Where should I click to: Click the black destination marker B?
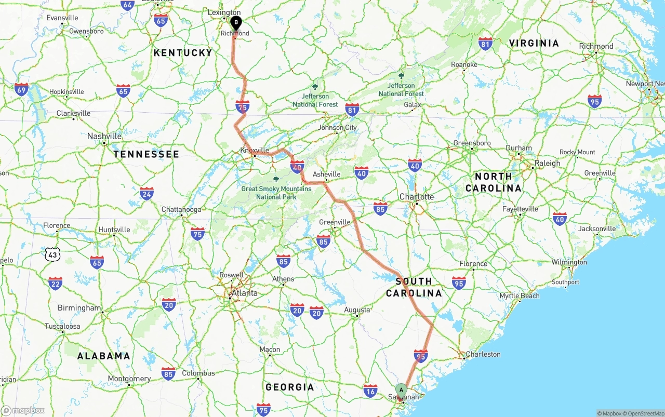(x=236, y=23)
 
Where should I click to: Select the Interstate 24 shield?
(x=147, y=194)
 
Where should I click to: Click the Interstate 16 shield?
(x=370, y=391)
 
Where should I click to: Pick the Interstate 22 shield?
(x=55, y=283)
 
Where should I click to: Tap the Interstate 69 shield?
(x=21, y=90)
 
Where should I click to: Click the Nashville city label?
(x=104, y=136)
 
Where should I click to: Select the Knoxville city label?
(x=255, y=150)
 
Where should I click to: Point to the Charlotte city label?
(x=417, y=197)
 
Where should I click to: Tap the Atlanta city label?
(x=244, y=293)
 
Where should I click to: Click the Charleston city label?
(x=483, y=354)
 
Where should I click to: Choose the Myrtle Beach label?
(x=520, y=296)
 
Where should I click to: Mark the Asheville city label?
(x=326, y=174)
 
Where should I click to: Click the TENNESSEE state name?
(x=147, y=154)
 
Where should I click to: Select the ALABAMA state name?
(x=104, y=356)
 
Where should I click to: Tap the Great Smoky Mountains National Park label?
(x=276, y=193)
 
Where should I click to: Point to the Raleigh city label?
(x=548, y=163)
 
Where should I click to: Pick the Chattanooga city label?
(x=181, y=209)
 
